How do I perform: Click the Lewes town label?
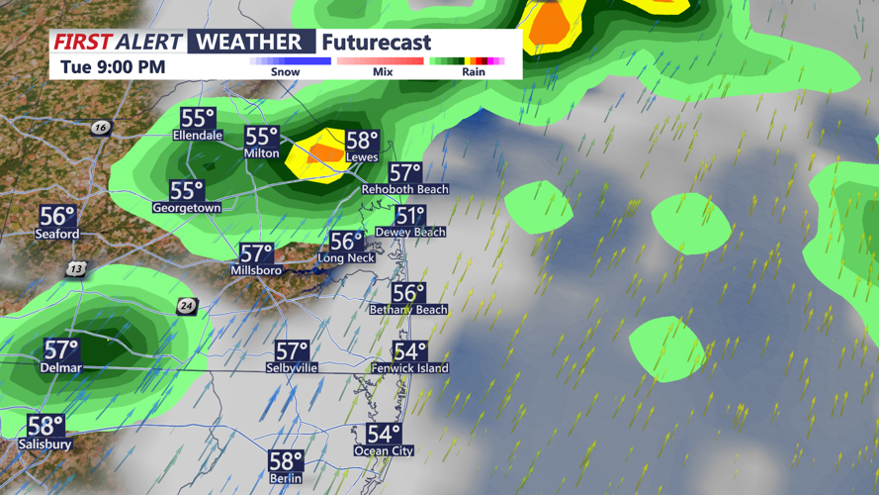click(363, 157)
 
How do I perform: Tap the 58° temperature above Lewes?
click(363, 141)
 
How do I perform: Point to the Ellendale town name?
click(198, 135)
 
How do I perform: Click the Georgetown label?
click(186, 208)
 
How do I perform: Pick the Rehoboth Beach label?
click(404, 189)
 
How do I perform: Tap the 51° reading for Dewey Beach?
click(410, 216)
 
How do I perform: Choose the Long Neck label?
click(346, 258)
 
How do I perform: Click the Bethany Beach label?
click(408, 310)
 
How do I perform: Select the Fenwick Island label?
click(409, 368)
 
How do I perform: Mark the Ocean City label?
click(384, 451)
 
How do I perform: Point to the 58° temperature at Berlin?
click(285, 461)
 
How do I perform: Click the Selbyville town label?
click(292, 368)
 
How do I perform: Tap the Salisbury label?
click(44, 445)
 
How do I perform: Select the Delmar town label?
click(61, 368)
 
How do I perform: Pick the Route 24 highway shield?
click(186, 307)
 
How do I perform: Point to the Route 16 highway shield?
click(100, 128)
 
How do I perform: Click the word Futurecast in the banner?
click(376, 43)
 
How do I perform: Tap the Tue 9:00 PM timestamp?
click(113, 67)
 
